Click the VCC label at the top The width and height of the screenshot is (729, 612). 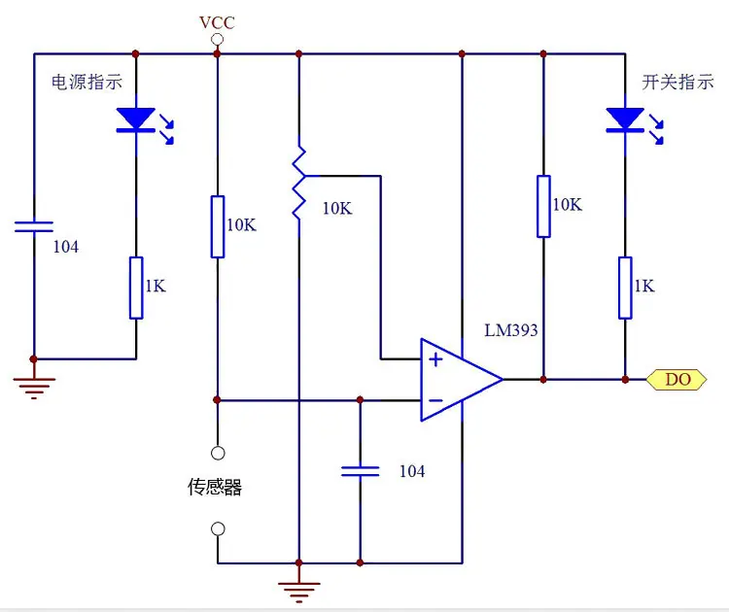coord(217,22)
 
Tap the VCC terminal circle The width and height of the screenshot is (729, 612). coord(217,40)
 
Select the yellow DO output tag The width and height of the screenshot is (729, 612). coord(677,380)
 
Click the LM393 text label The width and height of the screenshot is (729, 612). coord(511,330)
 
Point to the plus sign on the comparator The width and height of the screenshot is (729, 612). coord(435,359)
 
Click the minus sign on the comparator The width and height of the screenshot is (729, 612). coord(435,400)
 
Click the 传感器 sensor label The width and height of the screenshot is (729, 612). coord(215,487)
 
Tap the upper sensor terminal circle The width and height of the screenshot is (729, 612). coord(218,453)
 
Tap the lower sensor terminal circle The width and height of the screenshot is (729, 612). coord(218,528)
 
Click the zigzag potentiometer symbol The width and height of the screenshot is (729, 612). coord(299,183)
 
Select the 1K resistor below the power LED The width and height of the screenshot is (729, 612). coord(136,288)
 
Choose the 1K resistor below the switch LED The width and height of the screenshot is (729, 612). coord(625,288)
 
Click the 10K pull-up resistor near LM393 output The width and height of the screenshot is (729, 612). coord(543,206)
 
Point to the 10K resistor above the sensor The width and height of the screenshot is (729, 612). coord(218,226)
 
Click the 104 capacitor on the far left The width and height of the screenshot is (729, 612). coord(34,226)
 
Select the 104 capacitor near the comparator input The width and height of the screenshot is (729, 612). coord(361,472)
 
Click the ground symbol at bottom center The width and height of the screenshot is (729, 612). coord(299,592)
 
